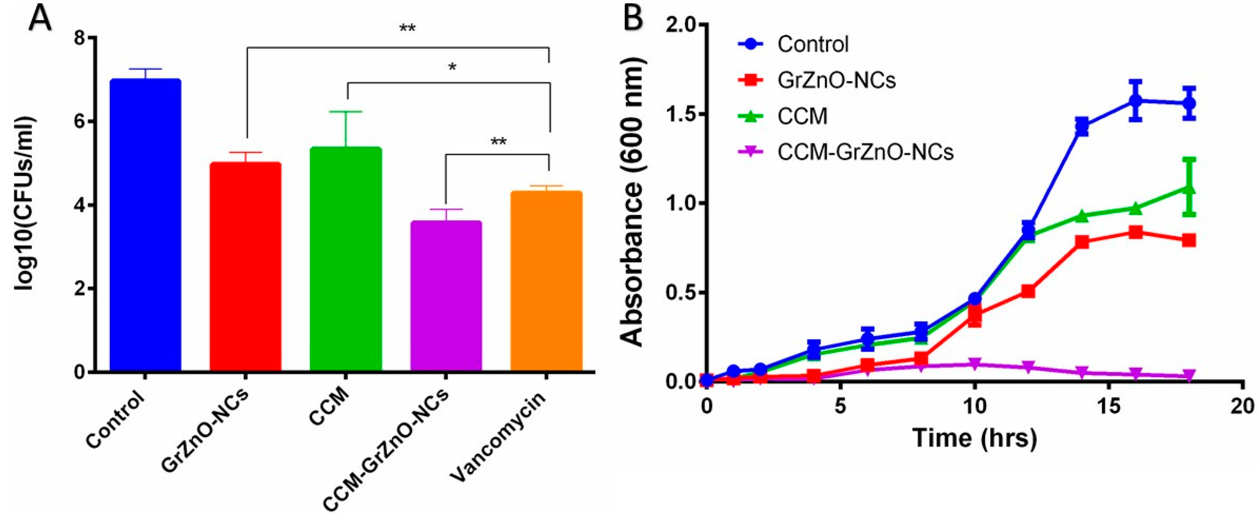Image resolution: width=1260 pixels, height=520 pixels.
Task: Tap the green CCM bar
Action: pyautogui.click(x=346, y=259)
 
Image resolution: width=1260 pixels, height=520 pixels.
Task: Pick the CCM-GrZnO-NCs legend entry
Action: pyautogui.click(x=865, y=152)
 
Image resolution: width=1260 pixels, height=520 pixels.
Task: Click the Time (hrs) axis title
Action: pyautogui.click(x=975, y=438)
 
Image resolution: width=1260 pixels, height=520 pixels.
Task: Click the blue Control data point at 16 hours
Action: pyautogui.click(x=1135, y=101)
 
